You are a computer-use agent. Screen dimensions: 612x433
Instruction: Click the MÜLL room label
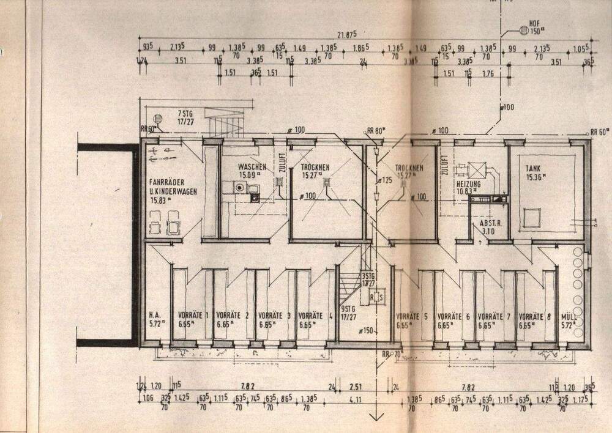[x=568, y=316]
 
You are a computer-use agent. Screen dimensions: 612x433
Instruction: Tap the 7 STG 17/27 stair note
[x=184, y=117]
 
